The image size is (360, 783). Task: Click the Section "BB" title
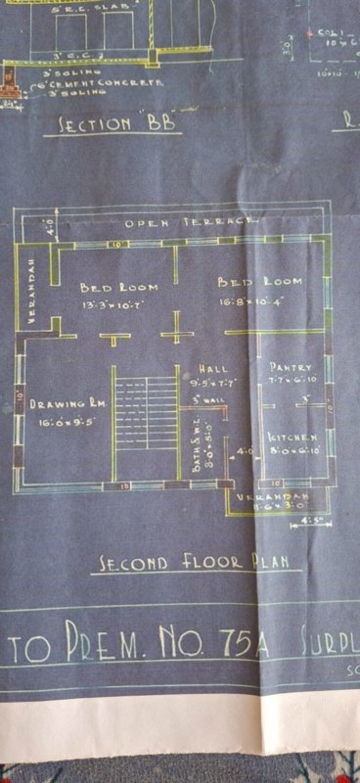click(x=117, y=124)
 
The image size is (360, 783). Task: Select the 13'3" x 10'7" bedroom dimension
click(x=113, y=305)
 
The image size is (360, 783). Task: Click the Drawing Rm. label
click(x=69, y=404)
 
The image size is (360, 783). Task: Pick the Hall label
click(x=213, y=369)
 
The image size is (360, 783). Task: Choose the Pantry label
click(x=290, y=367)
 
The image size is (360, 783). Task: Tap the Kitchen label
click(x=293, y=437)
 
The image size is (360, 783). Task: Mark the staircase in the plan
click(x=146, y=415)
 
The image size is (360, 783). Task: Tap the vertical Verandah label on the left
click(x=32, y=291)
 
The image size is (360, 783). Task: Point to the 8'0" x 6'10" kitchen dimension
click(x=295, y=451)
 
